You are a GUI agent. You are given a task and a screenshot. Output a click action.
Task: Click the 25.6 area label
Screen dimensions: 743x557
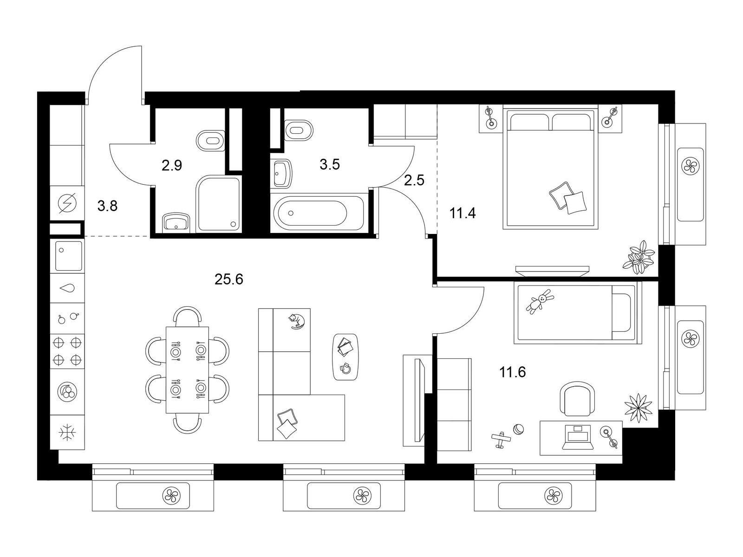[229, 279]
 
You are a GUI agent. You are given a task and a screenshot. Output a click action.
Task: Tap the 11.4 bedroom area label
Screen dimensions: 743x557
[463, 214]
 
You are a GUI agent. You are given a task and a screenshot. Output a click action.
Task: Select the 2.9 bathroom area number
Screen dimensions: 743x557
[172, 165]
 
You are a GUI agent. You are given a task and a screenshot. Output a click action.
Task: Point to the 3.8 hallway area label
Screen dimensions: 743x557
[107, 206]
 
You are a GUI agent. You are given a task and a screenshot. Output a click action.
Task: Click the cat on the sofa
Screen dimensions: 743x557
[297, 321]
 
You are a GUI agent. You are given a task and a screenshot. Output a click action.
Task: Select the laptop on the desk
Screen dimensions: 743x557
[578, 437]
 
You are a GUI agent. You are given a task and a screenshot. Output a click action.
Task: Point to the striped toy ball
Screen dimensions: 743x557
[518, 429]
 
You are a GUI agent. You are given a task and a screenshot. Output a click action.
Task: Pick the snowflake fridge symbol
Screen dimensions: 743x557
[67, 433]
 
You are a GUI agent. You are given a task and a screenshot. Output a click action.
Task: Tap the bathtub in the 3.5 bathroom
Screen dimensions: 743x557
[318, 213]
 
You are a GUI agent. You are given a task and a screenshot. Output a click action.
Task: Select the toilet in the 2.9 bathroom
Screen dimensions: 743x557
[210, 140]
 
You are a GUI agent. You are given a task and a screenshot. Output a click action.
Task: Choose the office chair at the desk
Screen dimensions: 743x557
[578, 398]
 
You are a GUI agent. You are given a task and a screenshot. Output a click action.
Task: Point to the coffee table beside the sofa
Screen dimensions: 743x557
[345, 357]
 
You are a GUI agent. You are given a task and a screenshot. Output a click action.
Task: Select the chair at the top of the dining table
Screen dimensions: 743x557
[187, 316]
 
